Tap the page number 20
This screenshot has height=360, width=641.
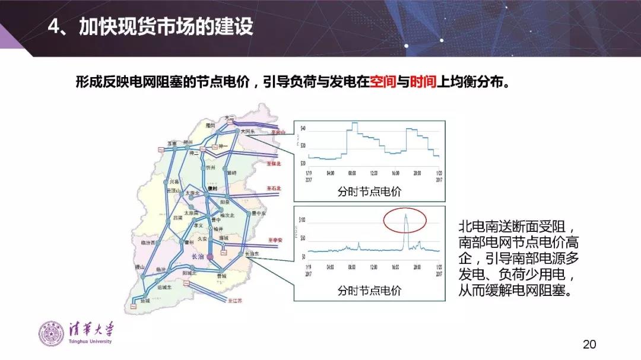[x=589, y=345]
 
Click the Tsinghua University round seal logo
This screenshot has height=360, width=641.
[x=49, y=333]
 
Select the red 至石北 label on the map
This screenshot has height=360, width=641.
[x=274, y=189]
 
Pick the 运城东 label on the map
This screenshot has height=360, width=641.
[x=161, y=287]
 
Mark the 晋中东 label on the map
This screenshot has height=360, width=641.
[x=259, y=212]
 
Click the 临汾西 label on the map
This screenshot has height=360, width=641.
[x=148, y=243]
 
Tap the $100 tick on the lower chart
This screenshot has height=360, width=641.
[x=302, y=220]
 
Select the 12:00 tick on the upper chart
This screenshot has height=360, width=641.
[x=373, y=174]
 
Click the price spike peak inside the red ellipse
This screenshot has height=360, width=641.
[x=406, y=215]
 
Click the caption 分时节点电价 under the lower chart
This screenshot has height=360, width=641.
[x=369, y=291]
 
